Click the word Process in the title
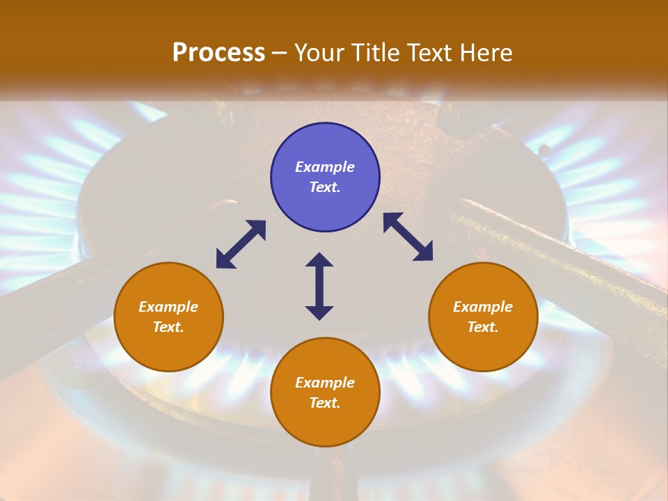coord(218,53)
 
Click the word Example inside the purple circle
coord(325,167)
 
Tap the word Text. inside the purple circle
coord(325,187)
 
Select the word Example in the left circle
coord(168,307)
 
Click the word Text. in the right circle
coord(483,327)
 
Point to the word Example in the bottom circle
coord(325,383)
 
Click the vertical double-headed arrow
coord(319,286)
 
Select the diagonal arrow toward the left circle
coord(241,244)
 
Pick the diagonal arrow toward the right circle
coord(408,237)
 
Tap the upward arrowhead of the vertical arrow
coord(319,260)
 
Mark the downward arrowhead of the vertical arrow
coord(319,312)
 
